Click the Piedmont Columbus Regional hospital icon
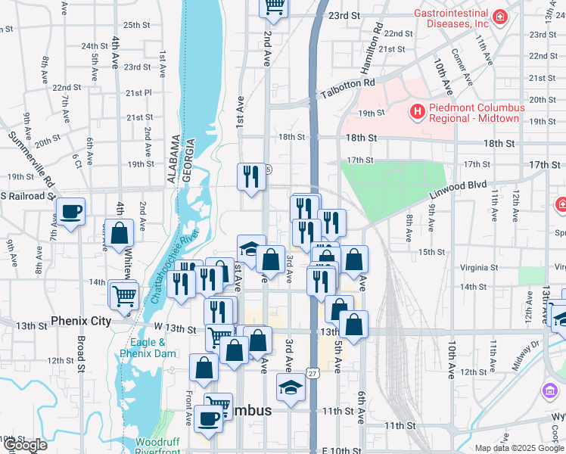[x=416, y=113]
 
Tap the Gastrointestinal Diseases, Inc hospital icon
[x=499, y=17]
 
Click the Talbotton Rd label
[x=347, y=88]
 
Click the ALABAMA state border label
[x=175, y=160]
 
